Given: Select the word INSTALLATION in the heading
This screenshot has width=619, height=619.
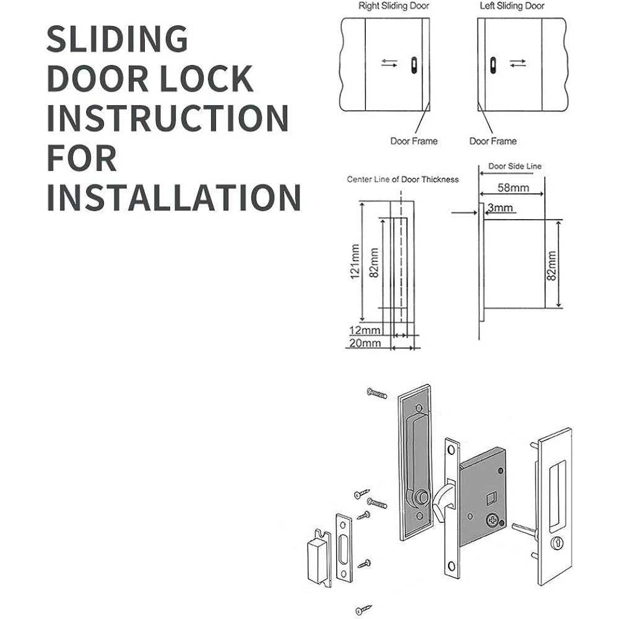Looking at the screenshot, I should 174,197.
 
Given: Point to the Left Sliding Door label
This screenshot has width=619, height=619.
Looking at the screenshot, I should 513,6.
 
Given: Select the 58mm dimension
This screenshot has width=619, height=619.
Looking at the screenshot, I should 513,188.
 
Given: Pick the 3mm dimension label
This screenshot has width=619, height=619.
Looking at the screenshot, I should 500,207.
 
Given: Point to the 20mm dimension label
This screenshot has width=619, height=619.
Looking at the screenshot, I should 365,343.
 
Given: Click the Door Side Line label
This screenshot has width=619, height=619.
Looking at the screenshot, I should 515,167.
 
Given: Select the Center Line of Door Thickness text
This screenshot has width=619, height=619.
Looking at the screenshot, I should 402,180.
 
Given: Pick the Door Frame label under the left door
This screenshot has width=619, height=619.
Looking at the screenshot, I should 492,141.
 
